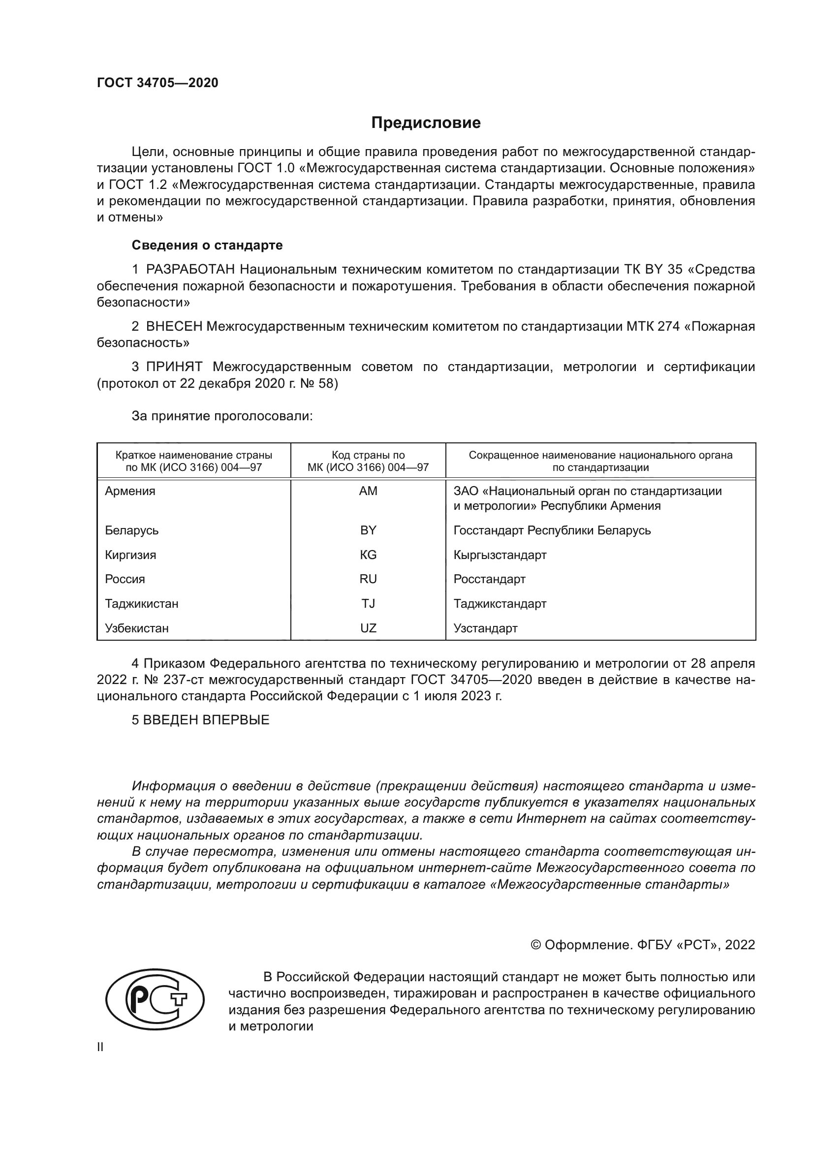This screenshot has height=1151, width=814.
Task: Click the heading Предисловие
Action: pyautogui.click(x=426, y=123)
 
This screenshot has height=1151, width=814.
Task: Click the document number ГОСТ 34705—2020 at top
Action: pyautogui.click(x=157, y=83)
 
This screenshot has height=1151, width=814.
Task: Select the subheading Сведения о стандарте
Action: pyautogui.click(x=207, y=245)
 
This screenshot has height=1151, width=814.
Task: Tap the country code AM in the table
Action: pyautogui.click(x=368, y=491)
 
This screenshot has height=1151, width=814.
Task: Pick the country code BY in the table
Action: pyautogui.click(x=368, y=530)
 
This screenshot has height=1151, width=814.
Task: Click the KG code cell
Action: pyautogui.click(x=368, y=555)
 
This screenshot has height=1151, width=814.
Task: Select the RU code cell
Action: pyautogui.click(x=368, y=579)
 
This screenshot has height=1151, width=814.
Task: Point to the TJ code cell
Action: pyautogui.click(x=368, y=604)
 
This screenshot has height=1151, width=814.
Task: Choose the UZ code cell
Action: pyautogui.click(x=368, y=628)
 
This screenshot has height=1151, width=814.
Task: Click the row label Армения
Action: pyautogui.click(x=130, y=491)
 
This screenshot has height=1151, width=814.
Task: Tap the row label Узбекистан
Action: pyautogui.click(x=136, y=628)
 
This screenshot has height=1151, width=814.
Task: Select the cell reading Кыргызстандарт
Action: pyautogui.click(x=500, y=555)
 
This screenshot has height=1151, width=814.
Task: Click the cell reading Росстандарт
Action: pyautogui.click(x=489, y=579)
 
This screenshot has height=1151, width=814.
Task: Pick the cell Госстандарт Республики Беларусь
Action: pyautogui.click(x=552, y=530)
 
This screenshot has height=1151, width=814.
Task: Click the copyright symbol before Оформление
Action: pyautogui.click(x=535, y=945)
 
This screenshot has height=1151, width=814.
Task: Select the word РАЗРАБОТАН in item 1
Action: pyautogui.click(x=190, y=270)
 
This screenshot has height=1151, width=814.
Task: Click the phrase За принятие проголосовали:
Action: pyautogui.click(x=222, y=416)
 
